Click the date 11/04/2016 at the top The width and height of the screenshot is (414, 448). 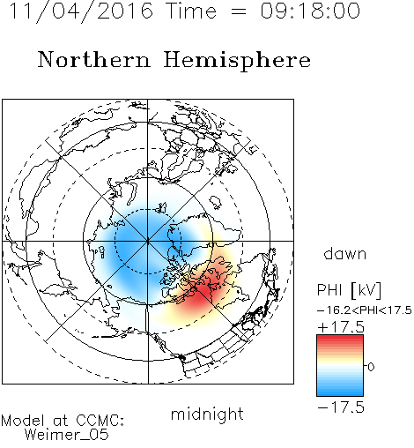tap(81, 11)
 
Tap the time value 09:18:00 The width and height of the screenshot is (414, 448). tap(310, 11)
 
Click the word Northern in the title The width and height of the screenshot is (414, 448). tap(94, 60)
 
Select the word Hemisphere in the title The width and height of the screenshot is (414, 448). tap(237, 61)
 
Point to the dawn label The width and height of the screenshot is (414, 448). tap(345, 253)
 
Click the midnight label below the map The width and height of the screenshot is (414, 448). tap(207, 414)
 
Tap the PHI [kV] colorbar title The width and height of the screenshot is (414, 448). tap(349, 290)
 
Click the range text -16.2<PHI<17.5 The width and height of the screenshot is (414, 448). tap(365, 310)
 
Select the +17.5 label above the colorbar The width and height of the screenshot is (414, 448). tap(341, 327)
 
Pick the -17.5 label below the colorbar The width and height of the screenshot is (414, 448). tap(341, 407)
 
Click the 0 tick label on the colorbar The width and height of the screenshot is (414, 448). tap(371, 367)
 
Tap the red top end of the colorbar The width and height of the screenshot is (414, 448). tap(340, 337)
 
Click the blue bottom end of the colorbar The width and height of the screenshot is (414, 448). tap(340, 394)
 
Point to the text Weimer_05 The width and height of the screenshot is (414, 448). tap(67, 434)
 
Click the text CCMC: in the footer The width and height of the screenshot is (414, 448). tap(100, 421)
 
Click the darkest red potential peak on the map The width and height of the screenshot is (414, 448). tap(197, 297)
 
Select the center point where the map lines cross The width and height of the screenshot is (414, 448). tap(148, 241)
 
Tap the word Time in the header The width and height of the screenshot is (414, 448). tap(191, 11)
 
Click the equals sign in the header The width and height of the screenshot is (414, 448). tap(239, 11)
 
